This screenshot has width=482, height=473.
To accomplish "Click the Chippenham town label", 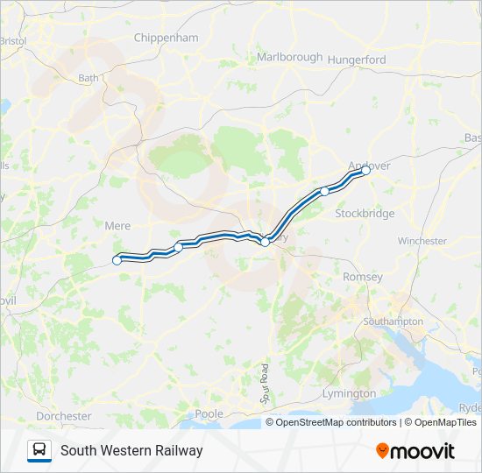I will [167, 38].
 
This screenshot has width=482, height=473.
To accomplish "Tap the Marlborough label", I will [289, 57].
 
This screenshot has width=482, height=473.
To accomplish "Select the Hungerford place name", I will [356, 60].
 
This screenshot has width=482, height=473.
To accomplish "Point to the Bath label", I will [89, 77].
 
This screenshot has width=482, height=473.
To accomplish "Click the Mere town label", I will [117, 225].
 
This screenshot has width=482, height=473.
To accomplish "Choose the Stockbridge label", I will [365, 213].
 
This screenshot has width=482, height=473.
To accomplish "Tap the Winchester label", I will [422, 241].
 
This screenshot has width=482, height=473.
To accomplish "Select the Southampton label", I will [393, 321].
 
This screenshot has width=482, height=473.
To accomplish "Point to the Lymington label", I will [349, 393].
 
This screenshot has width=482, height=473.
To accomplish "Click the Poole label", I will [209, 413].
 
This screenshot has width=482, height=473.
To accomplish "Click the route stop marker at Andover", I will [366, 172].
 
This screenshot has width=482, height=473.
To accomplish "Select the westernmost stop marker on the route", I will [117, 259].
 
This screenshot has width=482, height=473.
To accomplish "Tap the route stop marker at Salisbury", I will [265, 242].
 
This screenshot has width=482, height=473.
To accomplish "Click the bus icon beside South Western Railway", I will [39, 450].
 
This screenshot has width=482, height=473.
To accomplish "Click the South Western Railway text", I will [131, 450].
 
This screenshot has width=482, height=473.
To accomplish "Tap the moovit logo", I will [415, 450].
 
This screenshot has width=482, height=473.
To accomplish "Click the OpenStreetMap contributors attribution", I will [337, 422].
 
